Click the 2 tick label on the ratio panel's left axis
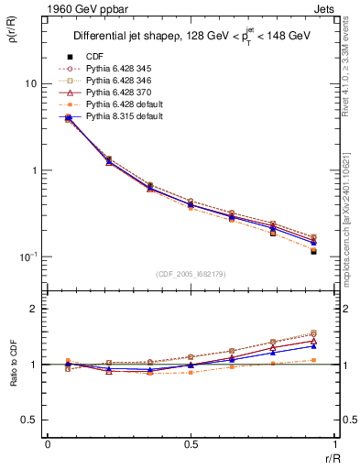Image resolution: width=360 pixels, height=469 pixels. pos(33,310)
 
